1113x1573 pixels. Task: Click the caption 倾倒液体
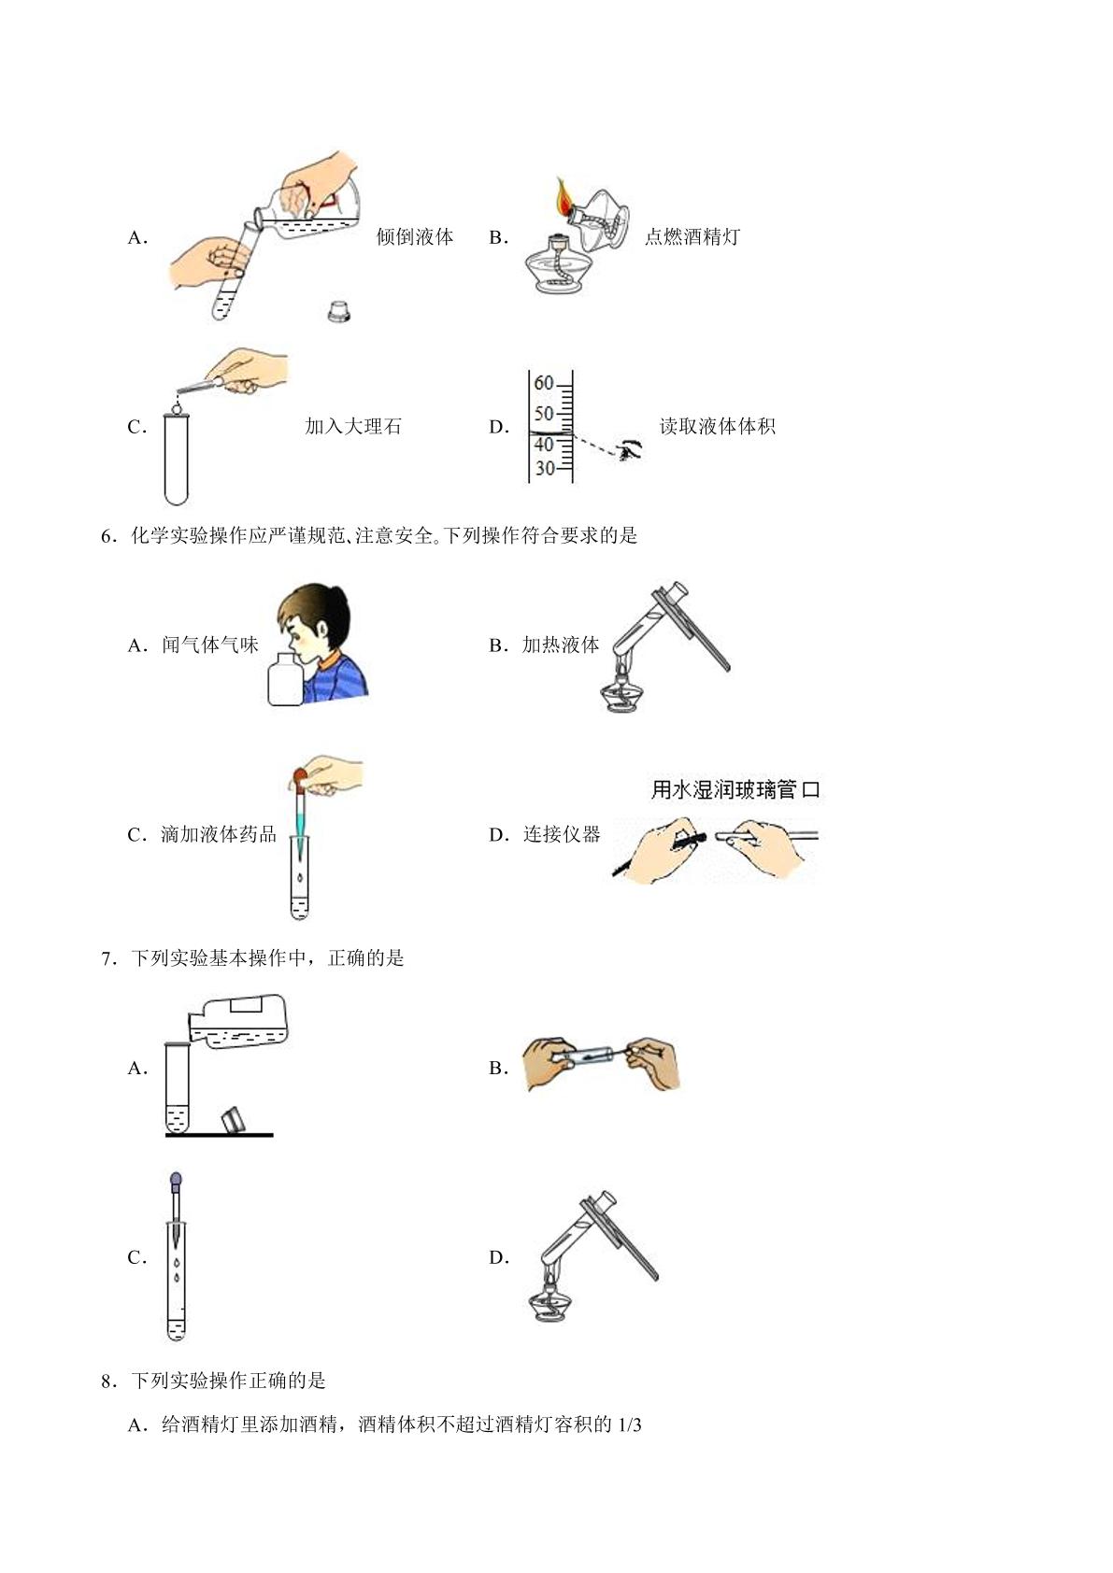coord(415,236)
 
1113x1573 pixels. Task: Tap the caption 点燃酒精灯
coord(692,236)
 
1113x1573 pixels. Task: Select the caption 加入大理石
coord(352,426)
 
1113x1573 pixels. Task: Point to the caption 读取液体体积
coord(718,426)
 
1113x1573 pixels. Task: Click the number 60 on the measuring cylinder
coord(544,383)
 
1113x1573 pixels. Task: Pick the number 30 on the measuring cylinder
coord(545,468)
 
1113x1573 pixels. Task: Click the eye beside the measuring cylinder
coord(630,449)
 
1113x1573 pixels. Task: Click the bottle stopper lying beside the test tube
coord(338,311)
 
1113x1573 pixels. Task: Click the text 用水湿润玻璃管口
coord(735,789)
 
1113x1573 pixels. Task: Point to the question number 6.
coord(108,536)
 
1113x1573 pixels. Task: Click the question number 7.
coord(108,958)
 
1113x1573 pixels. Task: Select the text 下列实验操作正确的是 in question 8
coord(228,1381)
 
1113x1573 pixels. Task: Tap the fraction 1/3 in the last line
coord(630,1424)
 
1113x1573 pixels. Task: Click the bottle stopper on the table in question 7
coord(234,1119)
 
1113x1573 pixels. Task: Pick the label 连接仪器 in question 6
coord(562,834)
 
